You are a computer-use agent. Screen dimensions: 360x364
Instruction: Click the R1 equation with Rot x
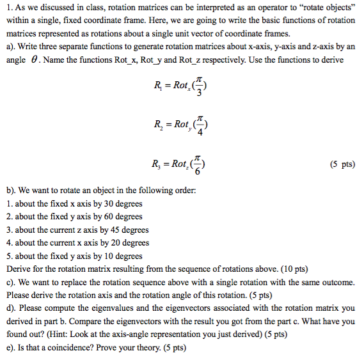[x=182, y=86]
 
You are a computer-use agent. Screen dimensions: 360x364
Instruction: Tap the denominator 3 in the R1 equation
[x=201, y=92]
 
